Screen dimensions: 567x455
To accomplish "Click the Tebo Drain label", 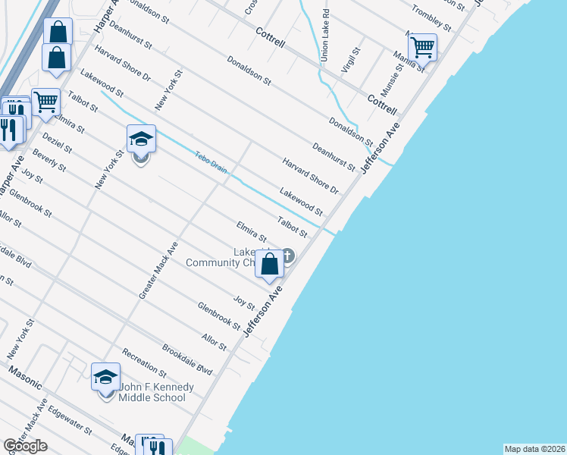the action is coord(211,162).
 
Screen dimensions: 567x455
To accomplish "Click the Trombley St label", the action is coord(431,17).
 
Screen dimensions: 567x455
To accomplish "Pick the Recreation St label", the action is coord(145,363).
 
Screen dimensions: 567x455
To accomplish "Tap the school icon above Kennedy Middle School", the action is coord(106,376).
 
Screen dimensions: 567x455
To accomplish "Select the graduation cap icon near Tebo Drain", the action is coord(141,139).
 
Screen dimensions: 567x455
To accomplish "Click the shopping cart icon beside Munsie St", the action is coord(422,47).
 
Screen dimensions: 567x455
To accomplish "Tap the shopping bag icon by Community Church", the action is coord(270,264).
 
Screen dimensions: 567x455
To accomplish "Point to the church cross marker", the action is coord(289,256).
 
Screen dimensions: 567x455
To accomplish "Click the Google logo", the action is coord(25,446).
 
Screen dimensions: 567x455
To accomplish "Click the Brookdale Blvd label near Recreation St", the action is coord(187,360).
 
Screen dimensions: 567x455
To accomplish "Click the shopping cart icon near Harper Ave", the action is coord(46,101).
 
